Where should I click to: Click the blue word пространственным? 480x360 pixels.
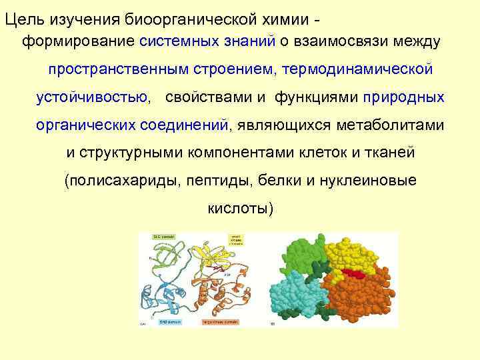click(122, 69)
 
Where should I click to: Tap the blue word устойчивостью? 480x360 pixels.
click(93, 97)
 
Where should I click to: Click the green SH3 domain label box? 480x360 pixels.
click(163, 237)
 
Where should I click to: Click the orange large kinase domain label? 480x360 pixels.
click(221, 321)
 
